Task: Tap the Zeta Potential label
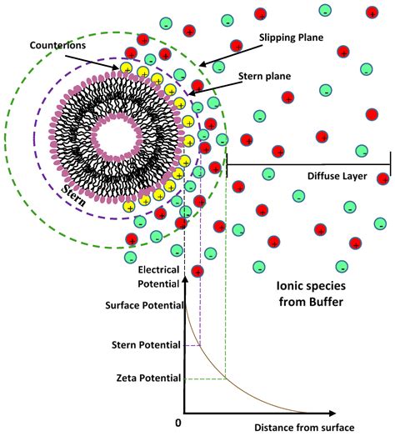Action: point(148,378)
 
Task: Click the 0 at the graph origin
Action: point(177,423)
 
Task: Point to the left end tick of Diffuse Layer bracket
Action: point(227,163)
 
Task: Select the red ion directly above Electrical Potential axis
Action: point(197,270)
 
